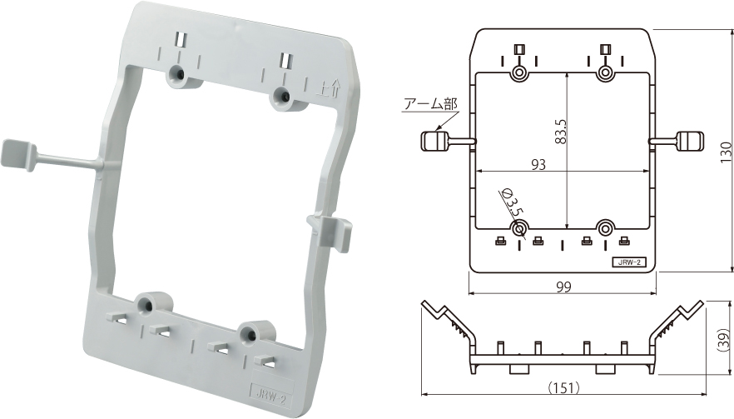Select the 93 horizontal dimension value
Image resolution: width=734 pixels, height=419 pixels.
[x=538, y=165]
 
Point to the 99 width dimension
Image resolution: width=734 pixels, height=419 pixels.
[x=563, y=286]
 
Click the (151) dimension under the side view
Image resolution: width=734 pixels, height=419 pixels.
[x=563, y=387]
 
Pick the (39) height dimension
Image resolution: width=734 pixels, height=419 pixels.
[x=724, y=340]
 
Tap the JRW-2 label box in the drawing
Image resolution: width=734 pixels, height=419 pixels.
[x=630, y=262]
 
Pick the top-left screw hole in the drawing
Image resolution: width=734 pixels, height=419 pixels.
[x=519, y=73]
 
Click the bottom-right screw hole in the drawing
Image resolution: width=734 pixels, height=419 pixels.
[x=606, y=227]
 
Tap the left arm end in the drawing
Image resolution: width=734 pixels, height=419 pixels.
[x=432, y=141]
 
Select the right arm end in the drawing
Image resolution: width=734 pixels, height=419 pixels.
[x=692, y=141]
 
